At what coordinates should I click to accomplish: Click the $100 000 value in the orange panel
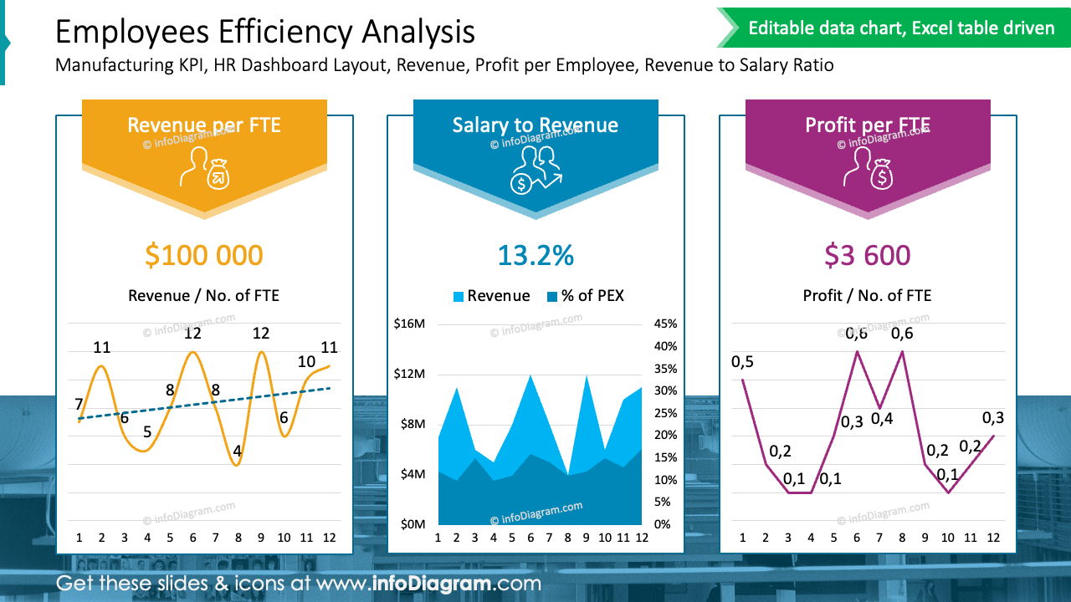click(203, 255)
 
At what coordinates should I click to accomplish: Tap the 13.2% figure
click(535, 255)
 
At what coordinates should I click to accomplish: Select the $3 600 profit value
click(867, 255)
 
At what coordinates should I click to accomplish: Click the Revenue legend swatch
click(459, 296)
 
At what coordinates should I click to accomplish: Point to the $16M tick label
click(409, 324)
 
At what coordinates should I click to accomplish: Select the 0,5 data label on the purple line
click(742, 361)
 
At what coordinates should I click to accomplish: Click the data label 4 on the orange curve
click(238, 451)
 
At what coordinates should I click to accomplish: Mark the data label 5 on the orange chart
click(147, 432)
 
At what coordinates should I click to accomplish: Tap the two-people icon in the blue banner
click(535, 170)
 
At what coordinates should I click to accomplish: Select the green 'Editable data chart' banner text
click(901, 28)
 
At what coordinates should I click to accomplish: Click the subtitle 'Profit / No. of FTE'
click(867, 295)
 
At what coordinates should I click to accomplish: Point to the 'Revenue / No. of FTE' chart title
click(203, 295)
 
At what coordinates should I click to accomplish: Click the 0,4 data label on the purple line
click(882, 418)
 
